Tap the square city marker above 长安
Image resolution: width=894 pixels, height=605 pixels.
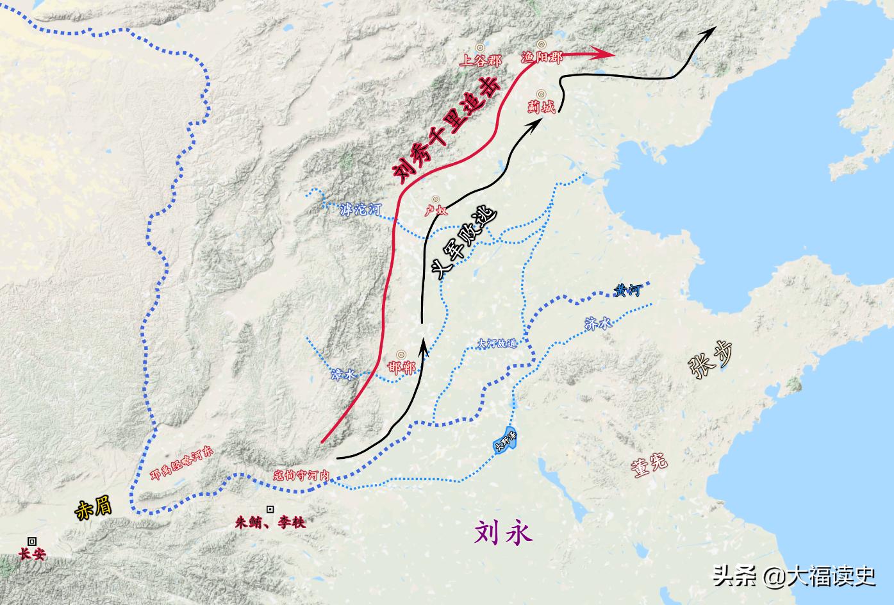pos(31,541)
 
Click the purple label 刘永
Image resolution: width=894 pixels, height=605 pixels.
pos(503,532)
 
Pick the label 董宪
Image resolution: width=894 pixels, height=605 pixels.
pos(649,463)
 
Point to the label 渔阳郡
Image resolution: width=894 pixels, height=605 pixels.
pos(542,57)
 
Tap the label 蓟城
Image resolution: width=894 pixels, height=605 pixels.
pos(542,106)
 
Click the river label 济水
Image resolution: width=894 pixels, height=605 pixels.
pos(599,324)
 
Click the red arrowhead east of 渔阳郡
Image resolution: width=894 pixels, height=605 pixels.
pos(606,55)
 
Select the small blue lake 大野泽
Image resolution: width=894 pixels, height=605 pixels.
pos(505,441)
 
